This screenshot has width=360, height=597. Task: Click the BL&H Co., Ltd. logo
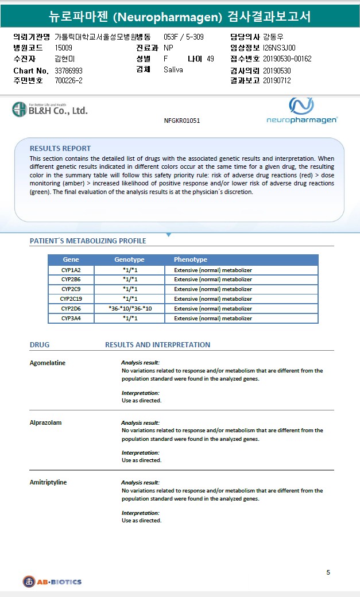[50, 109]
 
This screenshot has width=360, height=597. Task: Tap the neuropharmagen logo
[302, 111]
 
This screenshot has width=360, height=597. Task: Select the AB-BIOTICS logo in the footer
[52, 581]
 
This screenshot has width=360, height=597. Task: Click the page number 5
[328, 572]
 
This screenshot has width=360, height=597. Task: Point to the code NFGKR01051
[182, 121]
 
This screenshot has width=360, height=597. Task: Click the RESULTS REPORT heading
[60, 148]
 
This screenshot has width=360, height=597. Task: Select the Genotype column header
[129, 259]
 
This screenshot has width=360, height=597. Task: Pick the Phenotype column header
[191, 259]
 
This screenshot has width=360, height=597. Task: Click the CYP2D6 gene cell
[71, 308]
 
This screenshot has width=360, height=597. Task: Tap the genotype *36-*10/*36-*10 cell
[130, 308]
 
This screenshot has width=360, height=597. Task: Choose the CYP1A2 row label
[71, 270]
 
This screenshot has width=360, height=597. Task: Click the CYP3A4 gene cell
[71, 318]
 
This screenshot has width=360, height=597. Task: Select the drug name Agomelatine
[48, 363]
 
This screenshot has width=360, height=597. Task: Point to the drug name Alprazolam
[45, 422]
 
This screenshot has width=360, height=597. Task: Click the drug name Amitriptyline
[48, 482]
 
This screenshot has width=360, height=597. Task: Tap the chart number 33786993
[69, 70]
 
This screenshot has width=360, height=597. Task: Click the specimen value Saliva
[173, 69]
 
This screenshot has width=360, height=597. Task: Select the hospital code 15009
[64, 48]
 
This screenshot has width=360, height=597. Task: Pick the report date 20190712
[277, 80]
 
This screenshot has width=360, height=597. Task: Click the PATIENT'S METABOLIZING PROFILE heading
[88, 241]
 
